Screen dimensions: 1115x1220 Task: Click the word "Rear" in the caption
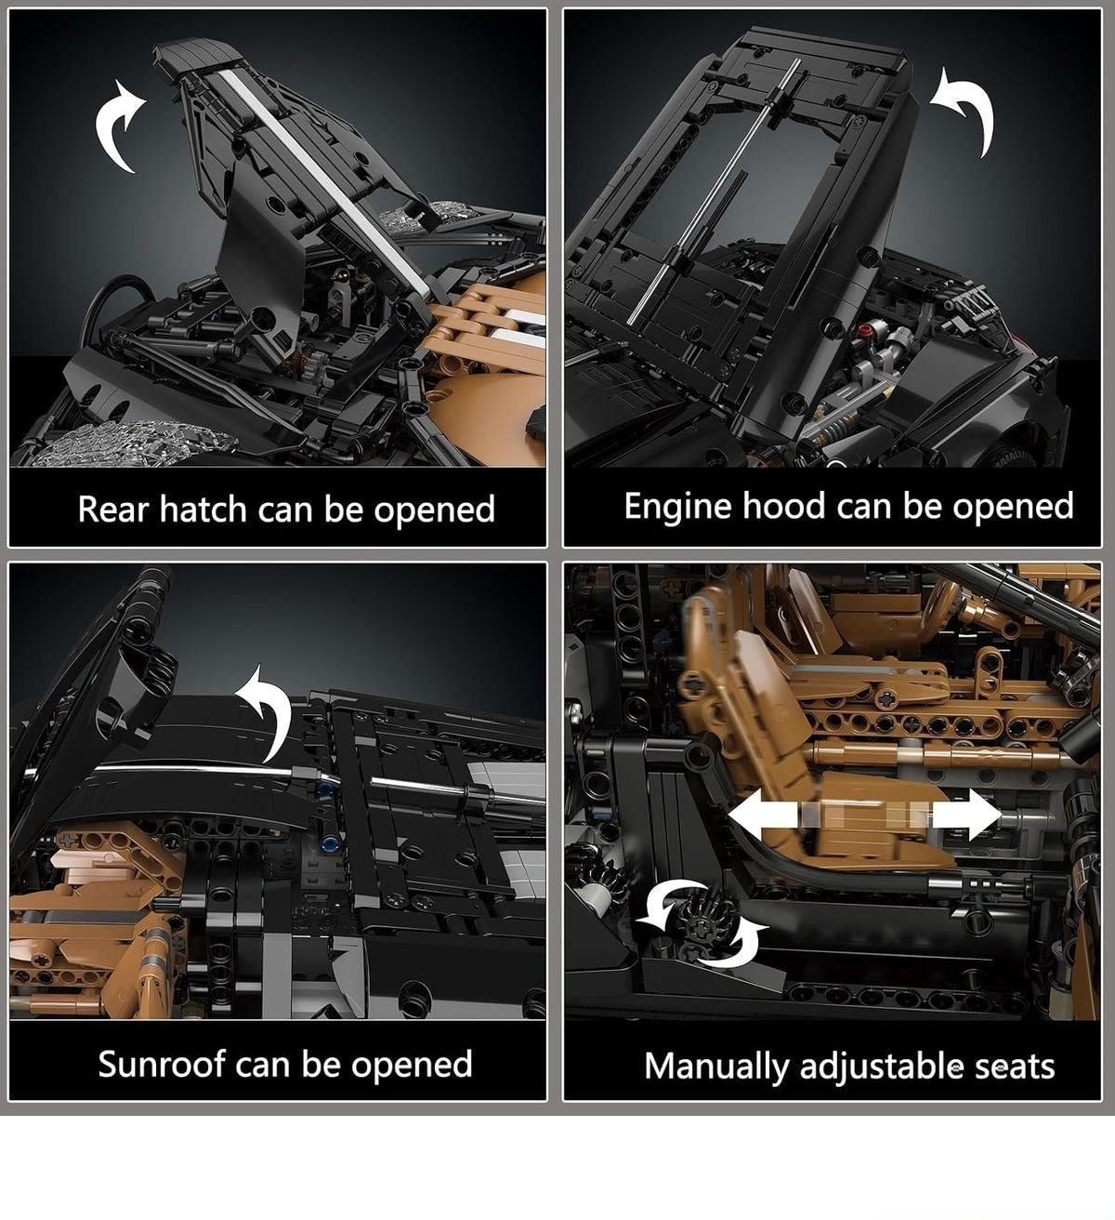tap(113, 509)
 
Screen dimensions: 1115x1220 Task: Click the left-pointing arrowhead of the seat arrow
tap(749, 815)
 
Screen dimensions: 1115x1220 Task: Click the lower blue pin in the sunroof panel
tap(332, 842)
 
